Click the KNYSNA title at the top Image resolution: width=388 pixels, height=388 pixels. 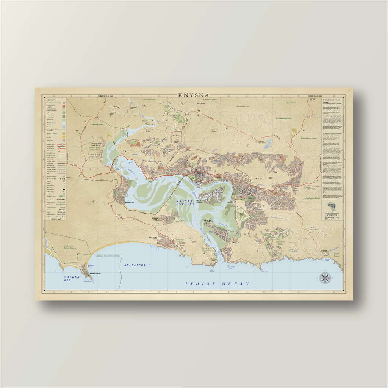194,95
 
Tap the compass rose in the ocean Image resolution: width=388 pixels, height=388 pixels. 325,278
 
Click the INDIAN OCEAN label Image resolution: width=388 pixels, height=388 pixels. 217,284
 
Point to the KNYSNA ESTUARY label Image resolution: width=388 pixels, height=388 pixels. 185,202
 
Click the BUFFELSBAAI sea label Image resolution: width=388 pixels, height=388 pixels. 136,264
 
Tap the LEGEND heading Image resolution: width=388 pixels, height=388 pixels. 52,100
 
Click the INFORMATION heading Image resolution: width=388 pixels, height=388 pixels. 331,100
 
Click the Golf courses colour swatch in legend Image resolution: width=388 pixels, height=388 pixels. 64,113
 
